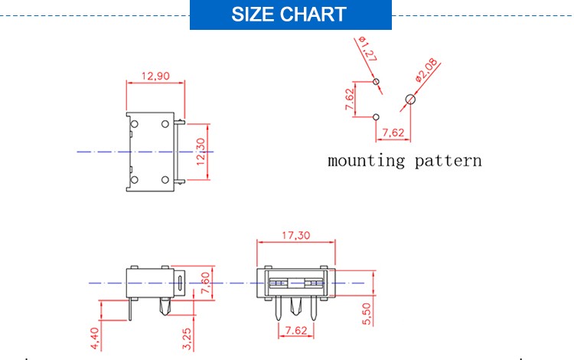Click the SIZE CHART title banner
290,15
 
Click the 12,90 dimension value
155,76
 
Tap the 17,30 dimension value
295,236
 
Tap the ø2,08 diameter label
425,70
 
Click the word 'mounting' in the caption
366,161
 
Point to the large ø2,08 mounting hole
410,99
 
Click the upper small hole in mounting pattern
376,81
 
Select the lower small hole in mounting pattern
376,117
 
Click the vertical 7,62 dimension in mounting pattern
350,100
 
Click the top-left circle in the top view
134,124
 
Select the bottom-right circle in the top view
166,179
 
